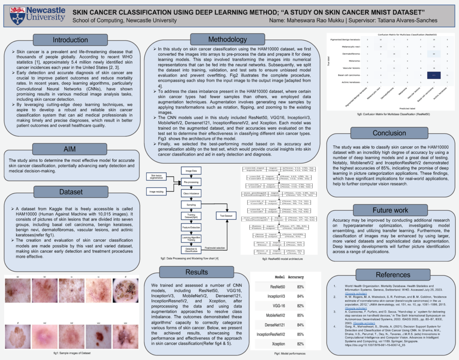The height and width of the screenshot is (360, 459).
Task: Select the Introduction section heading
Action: pyautogui.click(x=70, y=40)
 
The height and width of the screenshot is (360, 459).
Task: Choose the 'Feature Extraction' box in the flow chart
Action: pyautogui.click(x=191, y=228)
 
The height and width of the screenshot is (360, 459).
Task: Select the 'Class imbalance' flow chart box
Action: pyautogui.click(x=191, y=193)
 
